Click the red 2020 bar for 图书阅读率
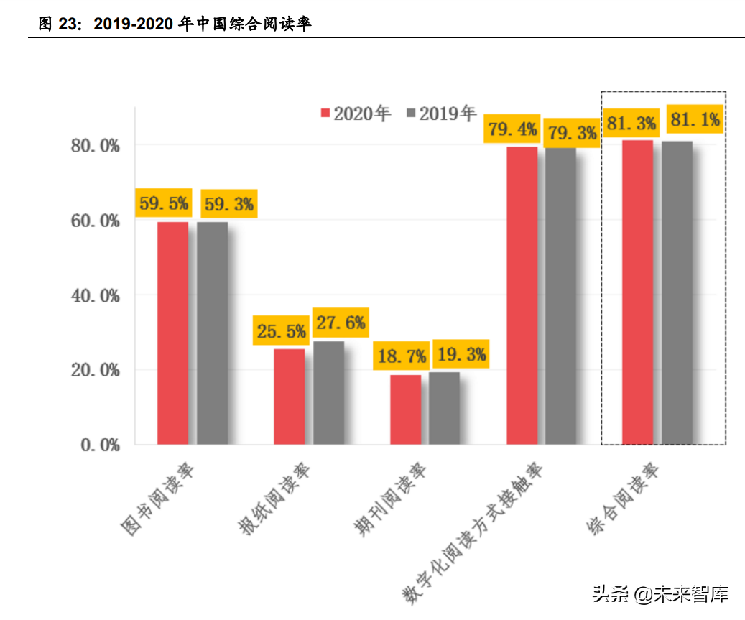point(172,333)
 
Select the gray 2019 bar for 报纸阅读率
point(328,393)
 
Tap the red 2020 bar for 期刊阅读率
point(405,410)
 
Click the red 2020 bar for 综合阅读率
point(637,292)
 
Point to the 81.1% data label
point(694,121)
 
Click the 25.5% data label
point(281,331)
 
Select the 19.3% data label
point(461,354)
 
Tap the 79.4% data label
point(512,130)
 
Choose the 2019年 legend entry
point(441,114)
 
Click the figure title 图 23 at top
point(175,24)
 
